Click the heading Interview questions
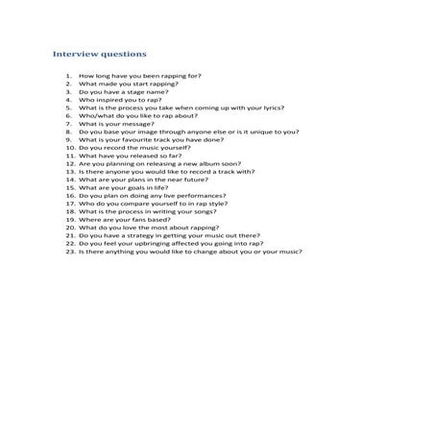click(99, 56)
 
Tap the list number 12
click(70, 163)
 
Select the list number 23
click(70, 252)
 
